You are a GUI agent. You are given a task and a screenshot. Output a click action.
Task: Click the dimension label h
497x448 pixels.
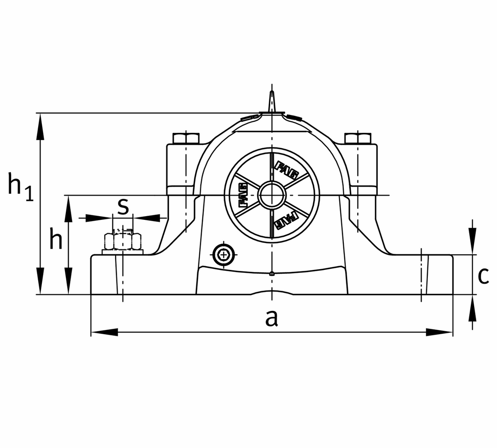[x=55, y=241]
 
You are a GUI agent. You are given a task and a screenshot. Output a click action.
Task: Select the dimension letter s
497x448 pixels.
[x=123, y=206]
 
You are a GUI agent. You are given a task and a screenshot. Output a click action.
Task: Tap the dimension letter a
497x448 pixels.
[x=271, y=319]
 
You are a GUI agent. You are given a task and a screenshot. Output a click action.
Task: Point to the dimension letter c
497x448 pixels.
[x=483, y=276]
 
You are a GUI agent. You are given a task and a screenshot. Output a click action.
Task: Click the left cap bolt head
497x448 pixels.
[x=186, y=138]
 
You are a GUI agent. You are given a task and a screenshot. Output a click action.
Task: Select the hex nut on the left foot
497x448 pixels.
[x=123, y=241]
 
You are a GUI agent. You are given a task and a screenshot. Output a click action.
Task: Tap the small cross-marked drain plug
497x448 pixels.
[x=224, y=254]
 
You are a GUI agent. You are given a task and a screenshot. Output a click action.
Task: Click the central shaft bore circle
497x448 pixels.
[x=271, y=195]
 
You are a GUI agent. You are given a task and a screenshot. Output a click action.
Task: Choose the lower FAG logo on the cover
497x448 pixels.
[x=286, y=220]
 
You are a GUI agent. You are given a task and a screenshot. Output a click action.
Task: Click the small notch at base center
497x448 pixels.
[x=271, y=273]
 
